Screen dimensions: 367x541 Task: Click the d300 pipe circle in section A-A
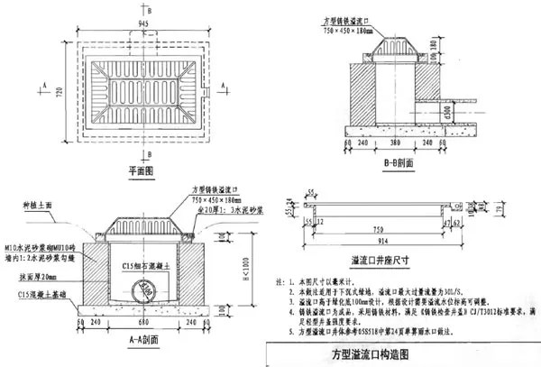click(x=143, y=290)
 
